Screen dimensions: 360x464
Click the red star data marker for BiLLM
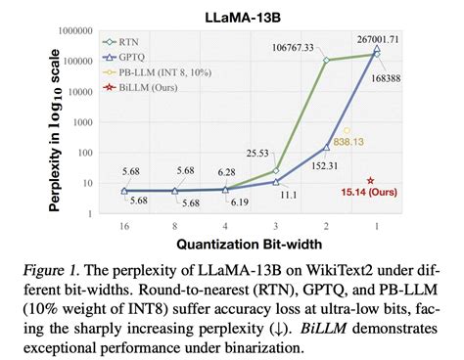pyautogui.click(x=370, y=181)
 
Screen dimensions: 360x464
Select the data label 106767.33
pyautogui.click(x=311, y=46)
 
